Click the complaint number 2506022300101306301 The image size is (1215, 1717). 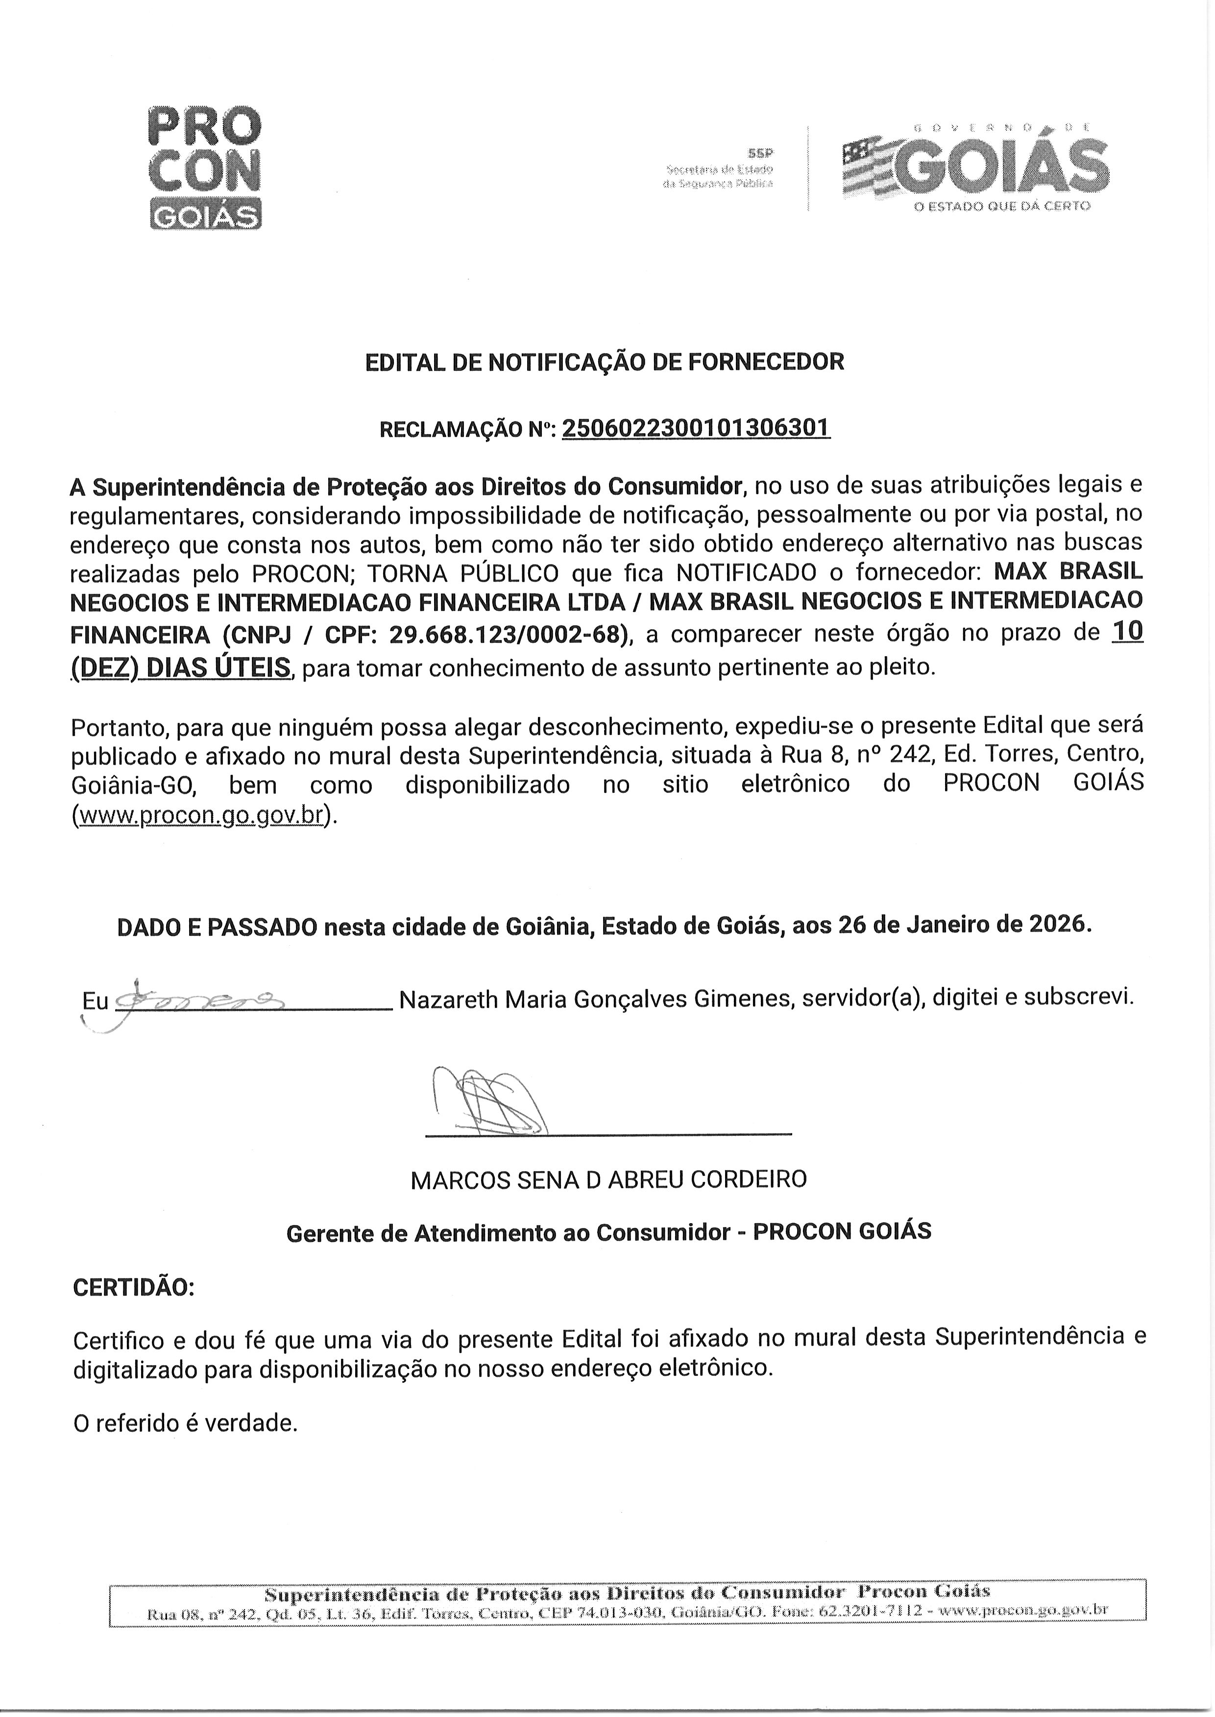pyautogui.click(x=696, y=429)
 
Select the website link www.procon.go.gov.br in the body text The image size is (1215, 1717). pyautogui.click(x=200, y=815)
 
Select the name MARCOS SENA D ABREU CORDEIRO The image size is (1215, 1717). pyautogui.click(x=608, y=1180)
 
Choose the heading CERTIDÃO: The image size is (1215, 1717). pyautogui.click(x=134, y=1288)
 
